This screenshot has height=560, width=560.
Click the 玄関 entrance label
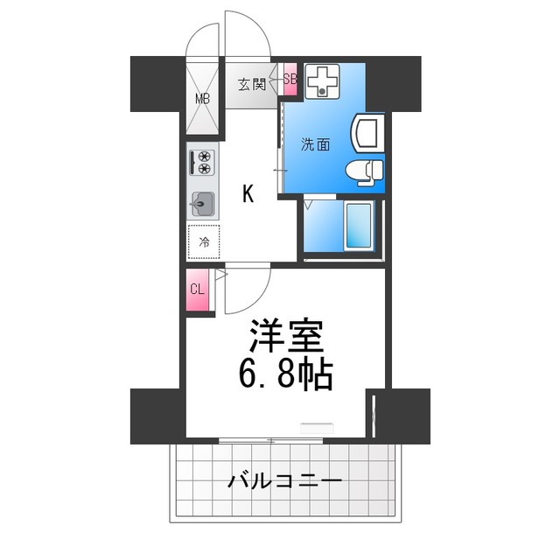click(252, 85)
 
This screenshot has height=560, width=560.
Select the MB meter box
click(202, 97)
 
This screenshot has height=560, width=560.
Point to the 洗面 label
click(316, 145)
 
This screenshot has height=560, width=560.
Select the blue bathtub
click(360, 227)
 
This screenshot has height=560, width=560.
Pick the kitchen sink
click(202, 203)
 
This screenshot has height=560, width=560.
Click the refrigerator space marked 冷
click(203, 241)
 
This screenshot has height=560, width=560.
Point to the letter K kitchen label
click(248, 194)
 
